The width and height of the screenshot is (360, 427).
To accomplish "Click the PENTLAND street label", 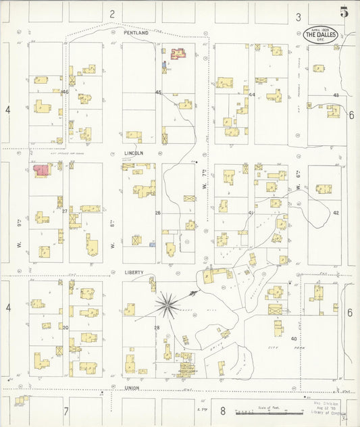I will [x=135, y=32].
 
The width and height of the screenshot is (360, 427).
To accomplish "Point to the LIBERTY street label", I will [x=134, y=272].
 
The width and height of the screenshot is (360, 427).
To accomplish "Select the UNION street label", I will [x=132, y=388].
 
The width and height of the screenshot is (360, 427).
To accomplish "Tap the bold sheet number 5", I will [x=344, y=11].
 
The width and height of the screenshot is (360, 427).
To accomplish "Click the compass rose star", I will [x=168, y=304].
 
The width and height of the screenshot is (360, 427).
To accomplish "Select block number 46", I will [x=66, y=92].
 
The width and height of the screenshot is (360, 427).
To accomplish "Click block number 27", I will [x=66, y=211].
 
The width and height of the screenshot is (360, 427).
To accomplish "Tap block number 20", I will [x=66, y=327].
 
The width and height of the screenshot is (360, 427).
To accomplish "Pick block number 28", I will [x=157, y=328].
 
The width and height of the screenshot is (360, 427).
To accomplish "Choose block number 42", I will [x=335, y=212].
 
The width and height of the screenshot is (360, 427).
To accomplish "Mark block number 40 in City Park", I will [x=294, y=338].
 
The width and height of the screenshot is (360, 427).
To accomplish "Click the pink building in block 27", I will [x=41, y=170].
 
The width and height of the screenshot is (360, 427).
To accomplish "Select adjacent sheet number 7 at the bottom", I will [x=66, y=411].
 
